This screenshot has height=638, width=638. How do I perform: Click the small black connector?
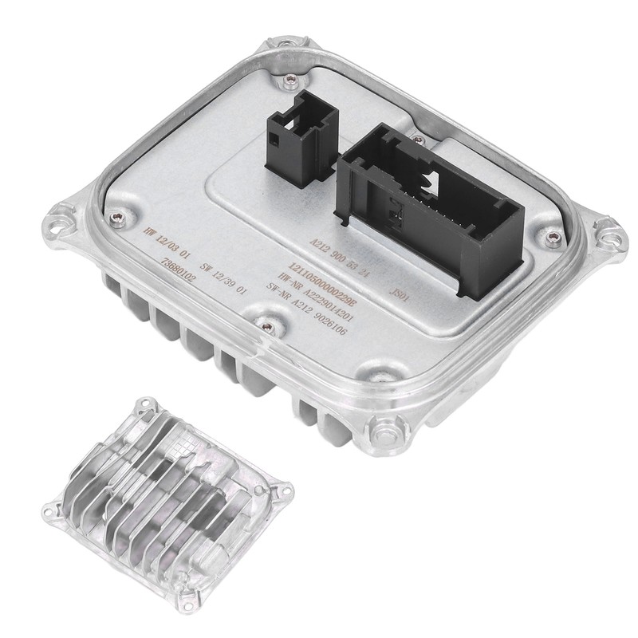[300, 133]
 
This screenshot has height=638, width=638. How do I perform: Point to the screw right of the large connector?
[552, 237]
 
